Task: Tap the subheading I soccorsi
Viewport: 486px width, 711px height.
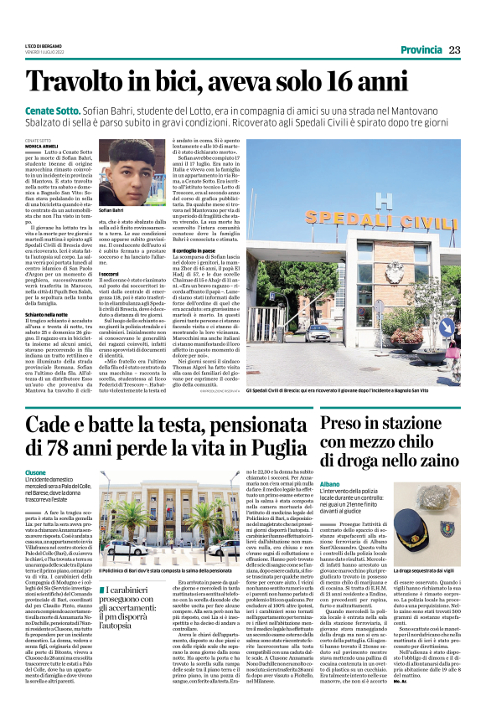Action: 107,274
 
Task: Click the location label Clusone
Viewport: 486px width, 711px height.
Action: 36,471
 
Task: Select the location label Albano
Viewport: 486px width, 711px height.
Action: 330,483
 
